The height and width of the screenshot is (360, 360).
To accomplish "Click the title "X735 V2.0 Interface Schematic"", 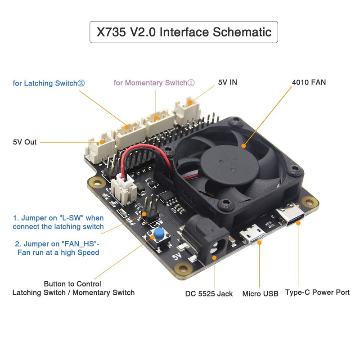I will click(184, 32).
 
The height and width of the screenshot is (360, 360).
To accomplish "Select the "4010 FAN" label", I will click(309, 82).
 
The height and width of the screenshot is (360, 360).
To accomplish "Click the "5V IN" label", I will click(227, 82).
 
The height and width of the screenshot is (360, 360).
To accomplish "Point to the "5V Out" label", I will click(25, 142).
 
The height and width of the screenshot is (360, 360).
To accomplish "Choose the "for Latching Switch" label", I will click(49, 83).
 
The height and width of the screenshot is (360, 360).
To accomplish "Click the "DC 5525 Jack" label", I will click(209, 294).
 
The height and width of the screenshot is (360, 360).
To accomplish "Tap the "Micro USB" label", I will click(260, 294).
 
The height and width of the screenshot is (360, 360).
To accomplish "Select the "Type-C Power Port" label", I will click(317, 292).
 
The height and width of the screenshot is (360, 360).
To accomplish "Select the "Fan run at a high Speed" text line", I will click(58, 252).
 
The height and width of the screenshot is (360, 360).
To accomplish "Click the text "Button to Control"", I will click(72, 284).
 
